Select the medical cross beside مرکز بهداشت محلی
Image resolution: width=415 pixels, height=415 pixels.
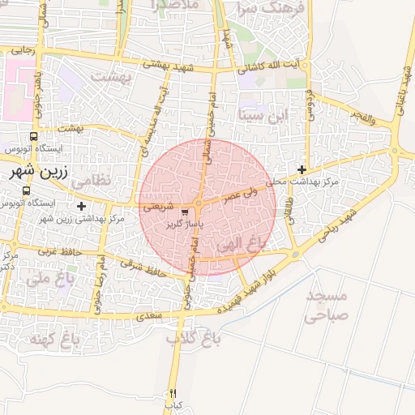tap(302, 169)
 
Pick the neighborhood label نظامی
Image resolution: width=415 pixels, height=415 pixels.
tap(91, 182)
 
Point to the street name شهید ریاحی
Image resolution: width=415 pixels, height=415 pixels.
tap(337, 228)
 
